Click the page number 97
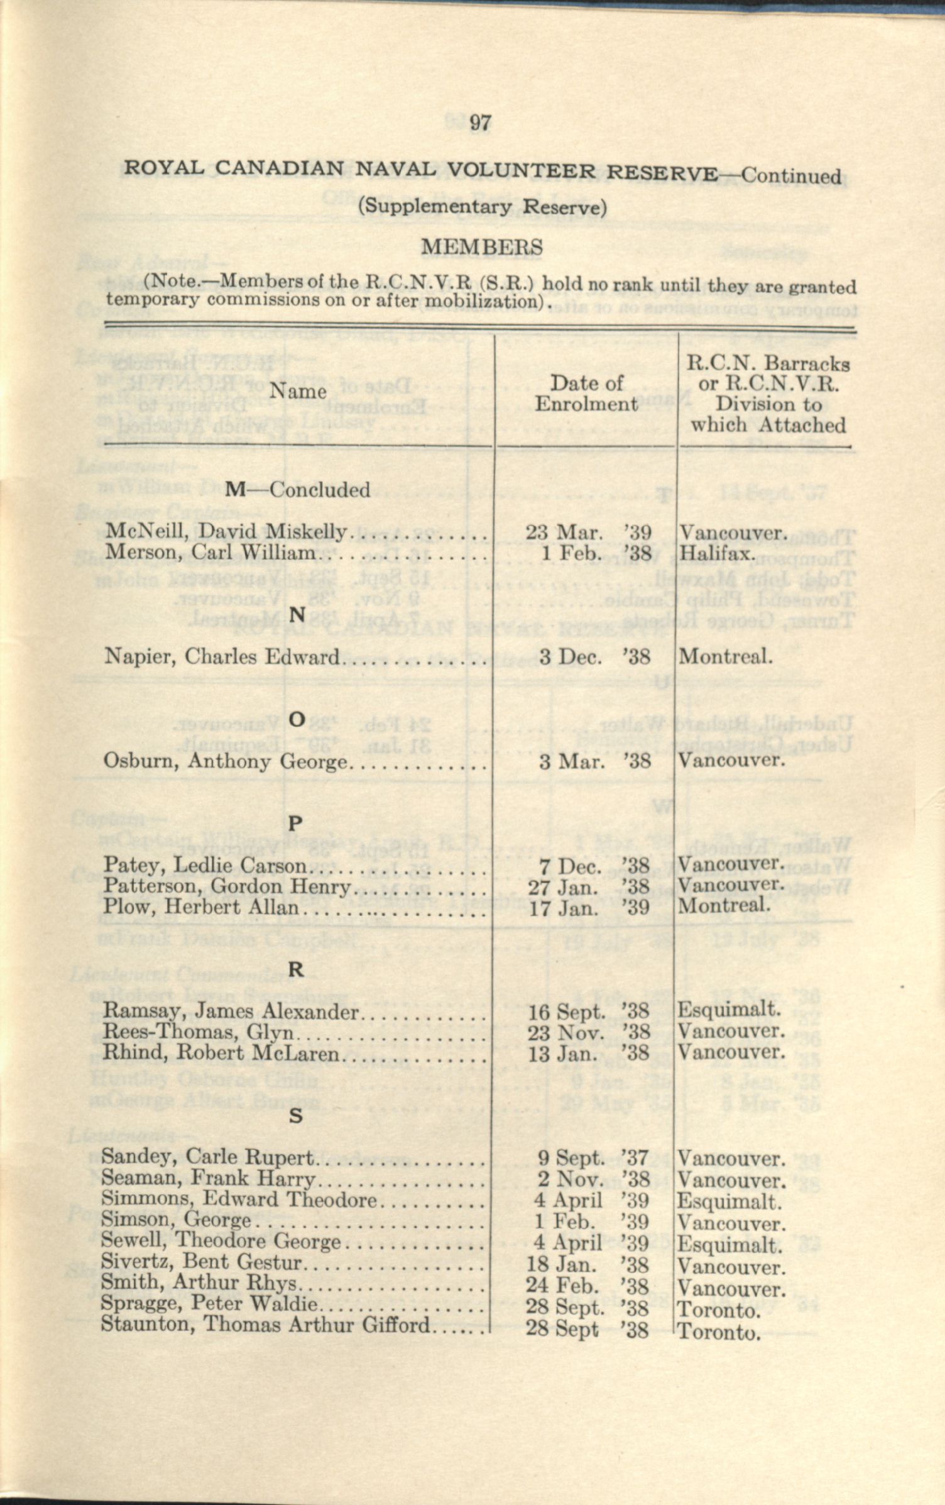[480, 123]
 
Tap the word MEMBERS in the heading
[481, 247]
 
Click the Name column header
[298, 392]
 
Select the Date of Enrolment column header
[586, 393]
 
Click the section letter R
[295, 970]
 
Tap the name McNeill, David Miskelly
[225, 532]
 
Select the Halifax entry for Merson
[717, 554]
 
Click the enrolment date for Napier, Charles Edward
[594, 657]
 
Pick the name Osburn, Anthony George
[224, 761]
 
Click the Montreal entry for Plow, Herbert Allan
[724, 906]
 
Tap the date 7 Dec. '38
[594, 866]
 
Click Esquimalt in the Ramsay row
[729, 1010]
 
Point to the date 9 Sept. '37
[594, 1157]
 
